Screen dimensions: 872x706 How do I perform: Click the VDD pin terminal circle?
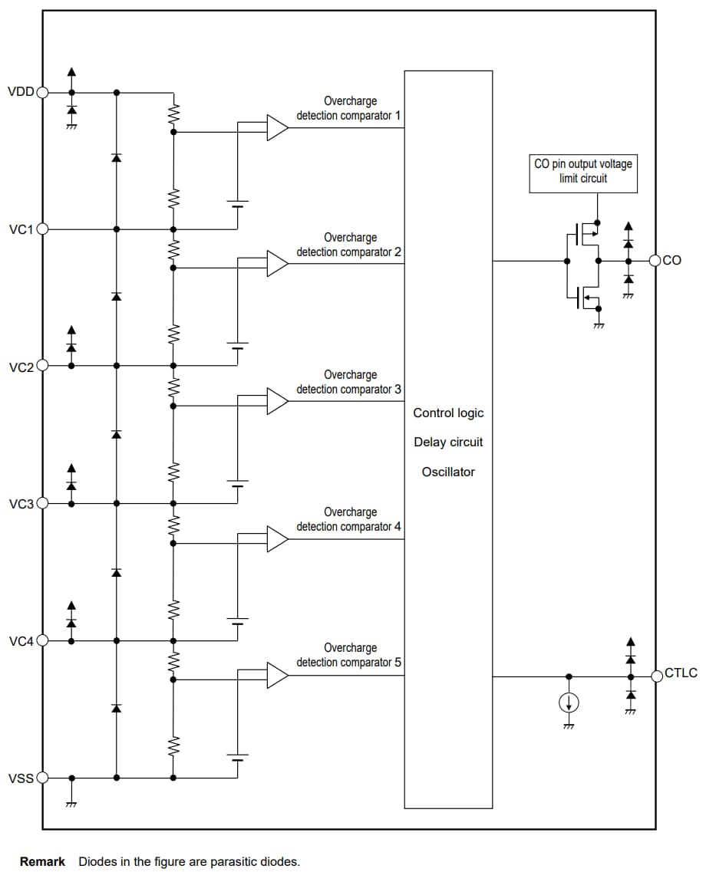click(x=43, y=92)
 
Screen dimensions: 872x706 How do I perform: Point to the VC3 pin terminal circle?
click(x=43, y=503)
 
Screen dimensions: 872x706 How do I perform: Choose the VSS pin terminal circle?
click(x=43, y=778)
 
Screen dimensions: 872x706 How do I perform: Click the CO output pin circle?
click(x=655, y=261)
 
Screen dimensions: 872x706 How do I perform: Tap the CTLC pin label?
click(x=681, y=673)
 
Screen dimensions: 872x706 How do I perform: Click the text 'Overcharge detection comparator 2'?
click(x=349, y=245)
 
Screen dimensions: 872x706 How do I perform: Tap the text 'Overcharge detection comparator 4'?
click(x=349, y=519)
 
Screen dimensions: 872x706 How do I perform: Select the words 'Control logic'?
click(x=448, y=413)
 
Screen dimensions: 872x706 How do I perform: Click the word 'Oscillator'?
click(x=448, y=472)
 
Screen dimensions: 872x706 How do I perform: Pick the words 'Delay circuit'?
click(x=448, y=443)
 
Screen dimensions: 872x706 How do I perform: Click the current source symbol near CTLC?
click(x=569, y=703)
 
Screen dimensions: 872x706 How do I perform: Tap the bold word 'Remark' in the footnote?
click(x=42, y=862)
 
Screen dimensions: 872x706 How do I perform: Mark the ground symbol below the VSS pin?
click(x=71, y=803)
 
